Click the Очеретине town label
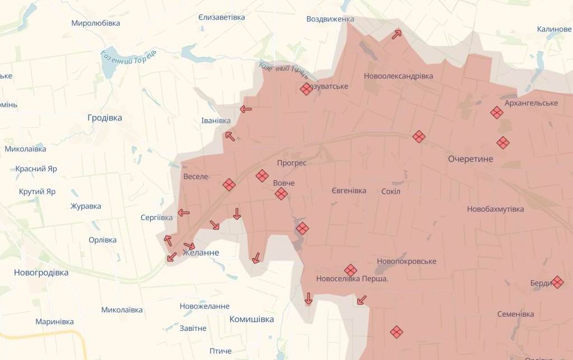click(x=470, y=159)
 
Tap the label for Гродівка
click(x=105, y=118)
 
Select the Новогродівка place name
click(x=41, y=273)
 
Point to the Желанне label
click(x=201, y=253)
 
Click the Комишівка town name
click(x=251, y=319)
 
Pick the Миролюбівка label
click(x=96, y=24)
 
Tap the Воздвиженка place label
click(x=330, y=19)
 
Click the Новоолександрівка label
click(x=398, y=76)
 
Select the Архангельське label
click(x=531, y=103)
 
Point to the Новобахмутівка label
click(x=495, y=209)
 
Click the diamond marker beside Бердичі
click(x=557, y=282)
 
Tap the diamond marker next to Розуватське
click(x=306, y=88)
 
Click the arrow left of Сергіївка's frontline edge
click(x=183, y=213)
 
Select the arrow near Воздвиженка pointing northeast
click(x=397, y=34)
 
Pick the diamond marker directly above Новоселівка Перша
click(x=351, y=270)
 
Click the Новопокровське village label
click(x=406, y=261)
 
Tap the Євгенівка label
click(x=348, y=191)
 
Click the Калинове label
click(x=554, y=29)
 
